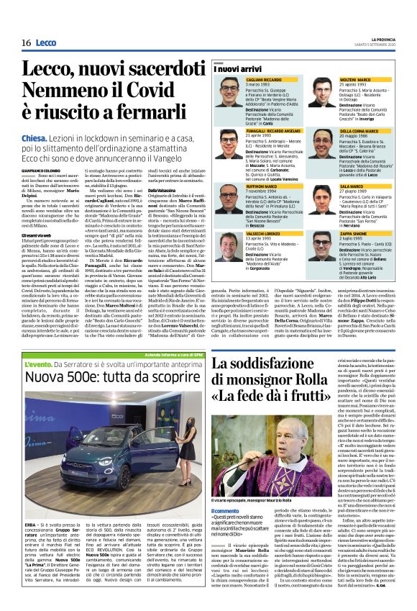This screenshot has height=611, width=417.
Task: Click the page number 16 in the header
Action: pyautogui.click(x=25, y=43)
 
